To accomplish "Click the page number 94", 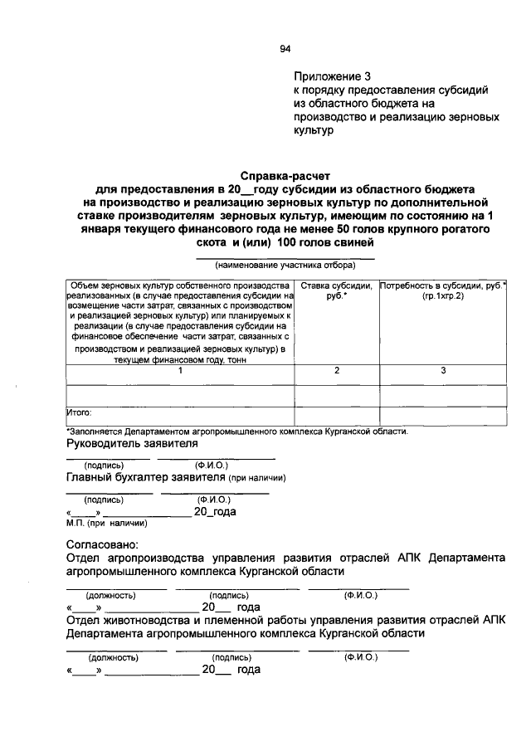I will click(x=285, y=49).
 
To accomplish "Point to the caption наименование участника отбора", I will click(x=285, y=266).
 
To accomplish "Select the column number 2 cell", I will click(x=336, y=371).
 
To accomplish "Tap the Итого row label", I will click(x=79, y=411).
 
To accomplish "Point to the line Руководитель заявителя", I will click(x=132, y=446).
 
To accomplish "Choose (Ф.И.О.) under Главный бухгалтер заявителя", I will click(x=213, y=500).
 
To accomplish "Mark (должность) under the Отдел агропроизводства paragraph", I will click(x=111, y=596).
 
